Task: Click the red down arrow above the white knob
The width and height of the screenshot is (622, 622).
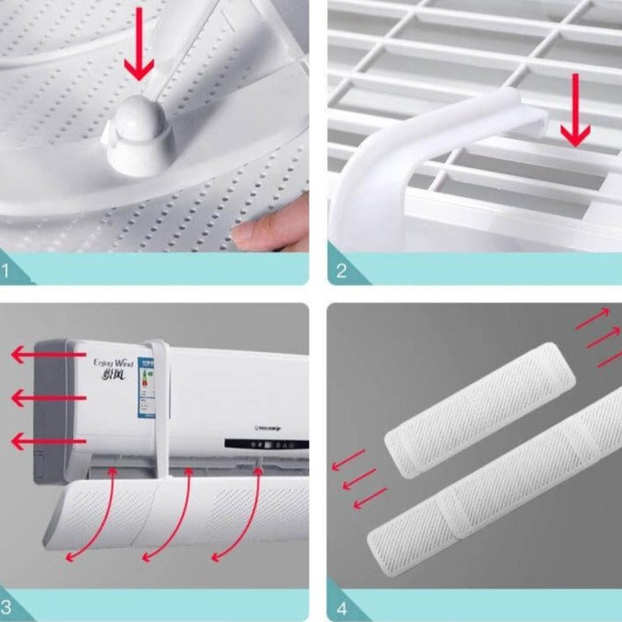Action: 139,57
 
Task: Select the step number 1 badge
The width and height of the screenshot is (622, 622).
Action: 9,271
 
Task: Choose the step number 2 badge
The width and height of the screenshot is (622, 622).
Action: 341,271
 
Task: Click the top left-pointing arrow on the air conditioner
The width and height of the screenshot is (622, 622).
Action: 48,356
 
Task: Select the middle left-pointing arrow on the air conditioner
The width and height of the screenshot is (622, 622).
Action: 48,398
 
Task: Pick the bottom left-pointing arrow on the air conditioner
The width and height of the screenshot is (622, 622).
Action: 48,442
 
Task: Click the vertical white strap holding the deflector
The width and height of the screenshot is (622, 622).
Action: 161,408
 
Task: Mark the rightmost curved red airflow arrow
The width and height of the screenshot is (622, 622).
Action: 239,512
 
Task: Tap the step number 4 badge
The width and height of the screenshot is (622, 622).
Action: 341,606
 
